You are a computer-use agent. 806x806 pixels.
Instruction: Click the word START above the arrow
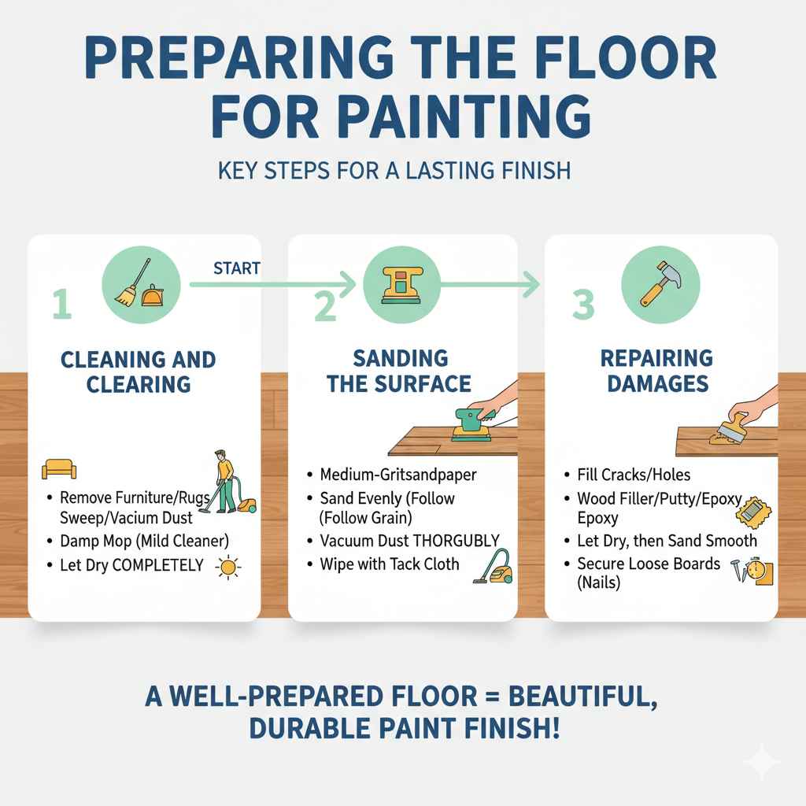click(x=236, y=268)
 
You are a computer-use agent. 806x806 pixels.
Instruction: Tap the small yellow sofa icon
click(x=59, y=470)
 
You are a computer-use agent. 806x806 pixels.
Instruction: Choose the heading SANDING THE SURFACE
click(x=400, y=372)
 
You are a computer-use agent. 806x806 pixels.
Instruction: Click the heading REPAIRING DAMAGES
click(x=656, y=372)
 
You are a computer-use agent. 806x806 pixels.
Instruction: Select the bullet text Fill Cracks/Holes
click(x=633, y=475)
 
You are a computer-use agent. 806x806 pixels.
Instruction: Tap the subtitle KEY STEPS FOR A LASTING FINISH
click(x=402, y=170)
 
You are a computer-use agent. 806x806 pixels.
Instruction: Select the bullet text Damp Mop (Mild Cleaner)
click(x=144, y=542)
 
